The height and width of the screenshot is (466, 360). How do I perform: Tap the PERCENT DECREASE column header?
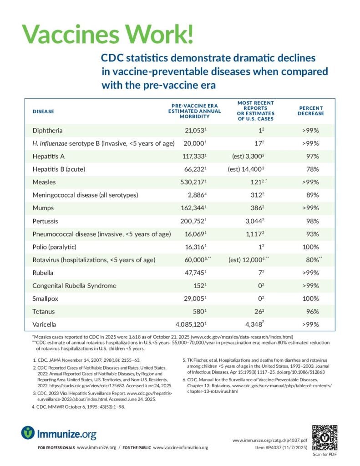(311, 111)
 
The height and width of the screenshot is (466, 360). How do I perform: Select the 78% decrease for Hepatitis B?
(312, 170)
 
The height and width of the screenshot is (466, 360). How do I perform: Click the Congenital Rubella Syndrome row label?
(74, 286)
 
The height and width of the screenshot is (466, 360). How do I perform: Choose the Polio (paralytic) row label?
(55, 247)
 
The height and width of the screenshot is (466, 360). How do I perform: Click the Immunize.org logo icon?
(28, 432)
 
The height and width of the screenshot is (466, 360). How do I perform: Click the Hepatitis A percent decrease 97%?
(312, 157)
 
